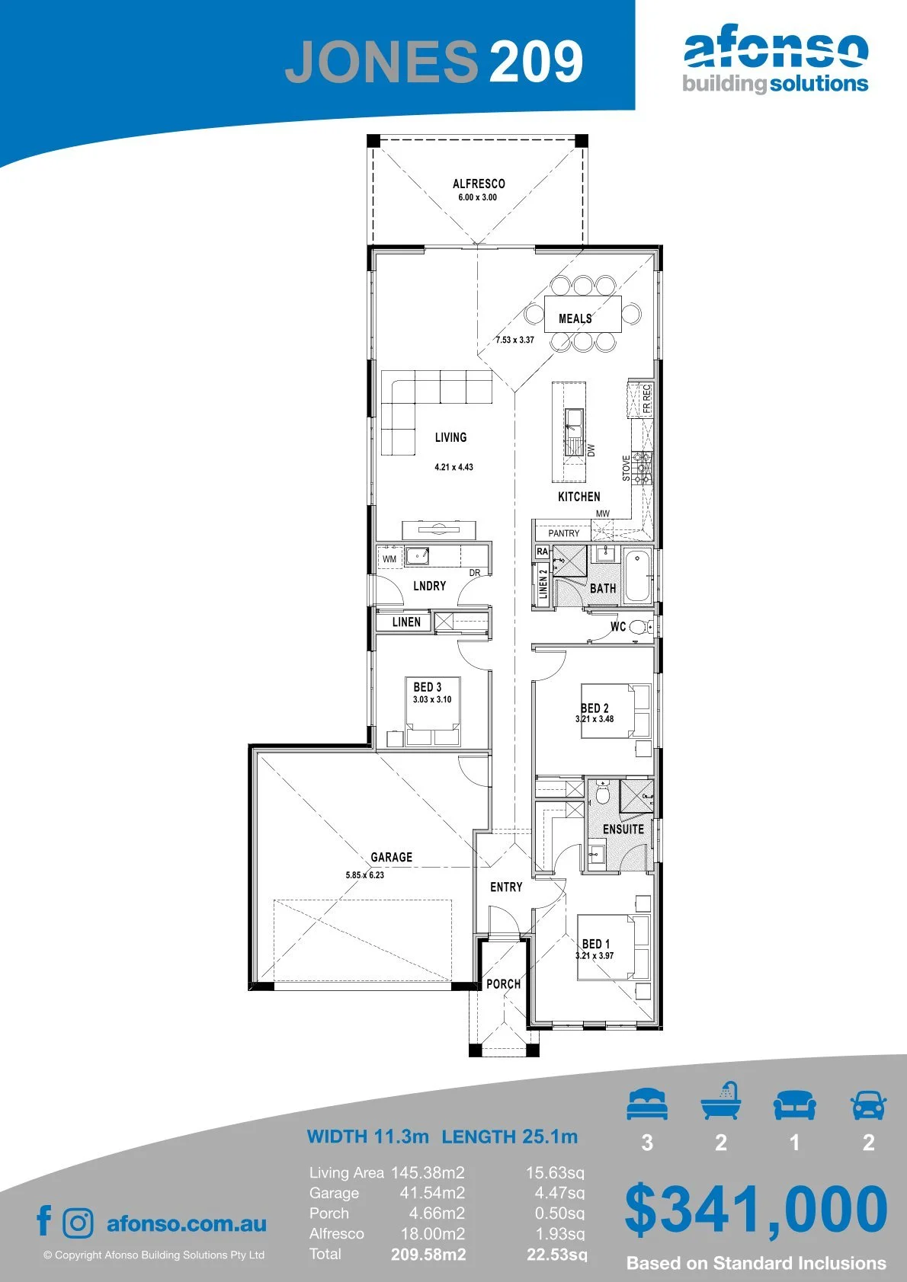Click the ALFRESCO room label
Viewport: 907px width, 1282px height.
pos(479,184)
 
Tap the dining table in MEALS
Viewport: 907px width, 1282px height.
pos(582,314)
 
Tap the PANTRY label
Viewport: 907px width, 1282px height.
pos(564,532)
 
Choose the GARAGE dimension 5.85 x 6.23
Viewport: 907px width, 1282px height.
pos(365,875)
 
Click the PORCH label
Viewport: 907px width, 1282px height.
pos(503,984)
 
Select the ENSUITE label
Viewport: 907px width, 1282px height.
pos(623,829)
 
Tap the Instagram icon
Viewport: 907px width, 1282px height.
pos(78,1223)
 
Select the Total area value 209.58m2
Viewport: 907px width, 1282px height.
pos(428,1255)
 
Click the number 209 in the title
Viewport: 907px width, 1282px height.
pos(537,61)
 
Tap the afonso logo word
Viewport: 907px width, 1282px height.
pos(776,50)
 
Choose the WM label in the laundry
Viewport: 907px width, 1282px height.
pos(389,559)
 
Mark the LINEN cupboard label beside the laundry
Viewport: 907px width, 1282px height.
pos(406,622)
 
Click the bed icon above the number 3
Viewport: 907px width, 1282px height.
pos(647,1105)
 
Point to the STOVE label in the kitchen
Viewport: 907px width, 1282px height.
pos(626,468)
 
